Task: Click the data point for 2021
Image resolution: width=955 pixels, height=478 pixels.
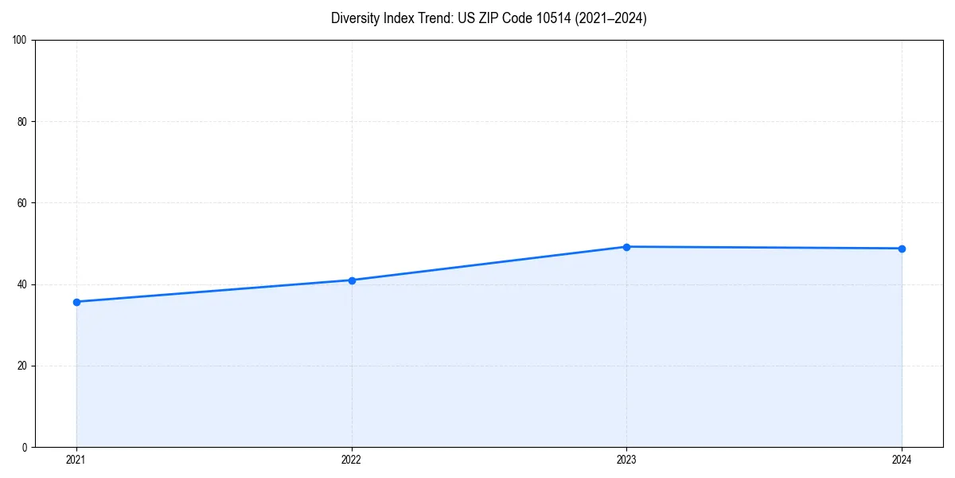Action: click(76, 302)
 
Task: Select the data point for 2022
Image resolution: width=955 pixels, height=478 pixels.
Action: click(352, 280)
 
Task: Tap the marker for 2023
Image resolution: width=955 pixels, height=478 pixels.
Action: click(626, 247)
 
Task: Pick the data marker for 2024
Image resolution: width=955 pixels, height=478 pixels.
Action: click(902, 249)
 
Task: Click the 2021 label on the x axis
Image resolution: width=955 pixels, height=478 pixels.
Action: click(76, 460)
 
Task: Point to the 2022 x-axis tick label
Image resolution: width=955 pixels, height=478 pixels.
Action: click(352, 460)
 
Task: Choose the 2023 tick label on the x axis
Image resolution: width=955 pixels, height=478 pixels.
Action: click(626, 460)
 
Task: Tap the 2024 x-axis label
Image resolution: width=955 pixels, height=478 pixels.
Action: click(902, 460)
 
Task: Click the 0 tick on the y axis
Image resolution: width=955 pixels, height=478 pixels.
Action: click(25, 447)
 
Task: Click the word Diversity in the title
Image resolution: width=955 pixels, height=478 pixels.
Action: click(354, 18)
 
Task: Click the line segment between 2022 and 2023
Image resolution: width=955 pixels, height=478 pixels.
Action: click(489, 264)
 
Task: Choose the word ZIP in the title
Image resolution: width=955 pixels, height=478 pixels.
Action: click(487, 18)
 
